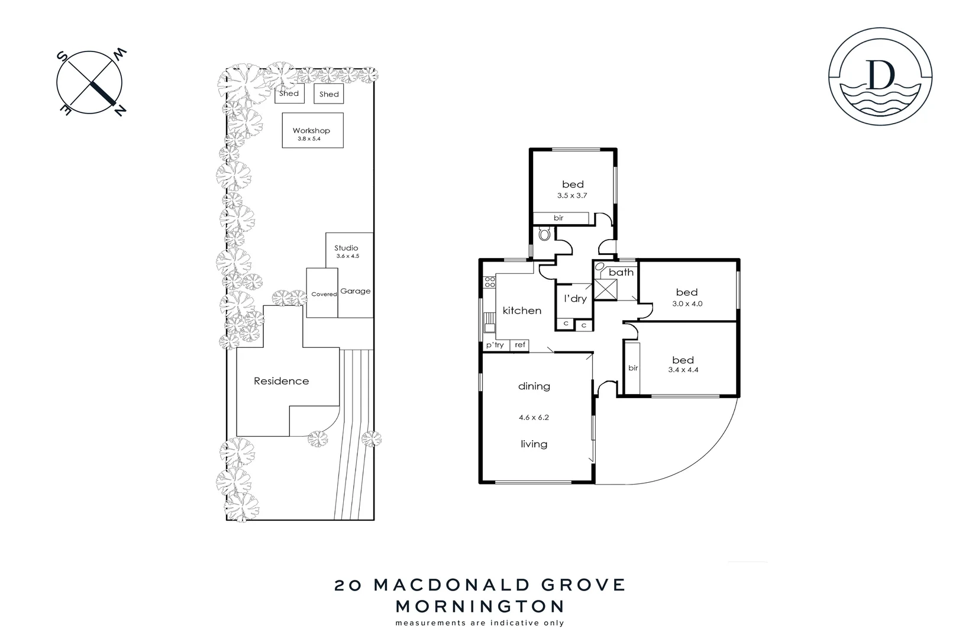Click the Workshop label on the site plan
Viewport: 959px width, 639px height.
tap(311, 131)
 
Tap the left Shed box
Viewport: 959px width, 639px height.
tap(289, 93)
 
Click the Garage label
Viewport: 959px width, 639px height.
tap(356, 291)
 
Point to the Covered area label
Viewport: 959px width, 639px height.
tap(324, 294)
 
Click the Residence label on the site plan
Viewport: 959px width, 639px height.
tap(281, 381)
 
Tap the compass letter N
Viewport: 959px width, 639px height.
tap(119, 110)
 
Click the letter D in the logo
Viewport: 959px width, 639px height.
tap(880, 75)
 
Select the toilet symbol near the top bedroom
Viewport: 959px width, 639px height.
tap(544, 235)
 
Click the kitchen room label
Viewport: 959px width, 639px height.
tap(522, 311)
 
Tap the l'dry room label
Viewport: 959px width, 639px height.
tap(575, 299)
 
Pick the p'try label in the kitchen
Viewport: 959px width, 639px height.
tap(495, 345)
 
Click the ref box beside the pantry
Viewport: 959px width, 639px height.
tap(520, 345)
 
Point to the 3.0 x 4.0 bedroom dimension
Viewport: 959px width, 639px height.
tap(687, 304)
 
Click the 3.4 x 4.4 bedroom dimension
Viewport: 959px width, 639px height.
tap(683, 370)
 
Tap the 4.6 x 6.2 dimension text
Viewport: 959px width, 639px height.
tap(534, 417)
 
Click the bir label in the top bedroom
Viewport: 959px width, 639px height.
tap(558, 218)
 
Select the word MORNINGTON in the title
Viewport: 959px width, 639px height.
tap(479, 606)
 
